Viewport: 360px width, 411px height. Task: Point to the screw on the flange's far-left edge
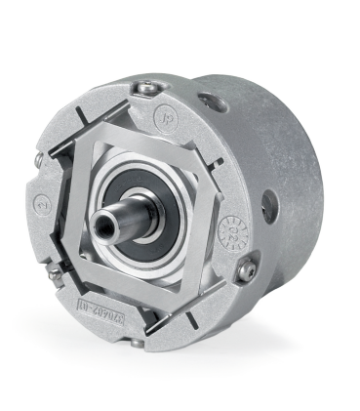pos(38,158)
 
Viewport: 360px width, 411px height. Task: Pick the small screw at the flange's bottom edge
pos(137,342)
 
